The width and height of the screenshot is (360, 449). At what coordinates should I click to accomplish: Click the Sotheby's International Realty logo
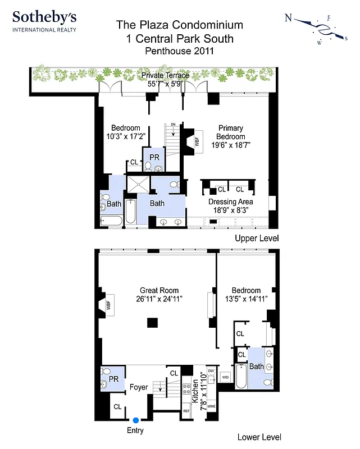click(x=44, y=21)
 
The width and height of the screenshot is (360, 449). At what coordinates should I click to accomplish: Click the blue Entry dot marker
click(x=135, y=419)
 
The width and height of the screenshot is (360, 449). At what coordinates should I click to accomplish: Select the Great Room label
click(x=160, y=291)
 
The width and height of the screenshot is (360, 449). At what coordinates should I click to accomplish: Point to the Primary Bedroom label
click(x=231, y=132)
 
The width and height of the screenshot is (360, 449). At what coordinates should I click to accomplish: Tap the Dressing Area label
click(x=230, y=202)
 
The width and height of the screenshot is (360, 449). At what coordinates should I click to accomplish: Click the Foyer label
click(x=139, y=387)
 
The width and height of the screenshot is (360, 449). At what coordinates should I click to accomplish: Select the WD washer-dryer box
click(x=226, y=377)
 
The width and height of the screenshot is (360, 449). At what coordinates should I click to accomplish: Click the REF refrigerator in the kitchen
click(x=186, y=411)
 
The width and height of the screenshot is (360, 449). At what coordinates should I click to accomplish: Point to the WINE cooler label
click(x=212, y=406)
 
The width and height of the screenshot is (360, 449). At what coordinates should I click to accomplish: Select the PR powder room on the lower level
click(x=113, y=379)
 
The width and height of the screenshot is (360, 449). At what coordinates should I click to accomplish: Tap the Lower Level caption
click(x=259, y=437)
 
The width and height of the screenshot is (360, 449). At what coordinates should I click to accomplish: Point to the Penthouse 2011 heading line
click(x=180, y=51)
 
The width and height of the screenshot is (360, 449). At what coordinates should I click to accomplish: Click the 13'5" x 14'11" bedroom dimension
click(x=246, y=299)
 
